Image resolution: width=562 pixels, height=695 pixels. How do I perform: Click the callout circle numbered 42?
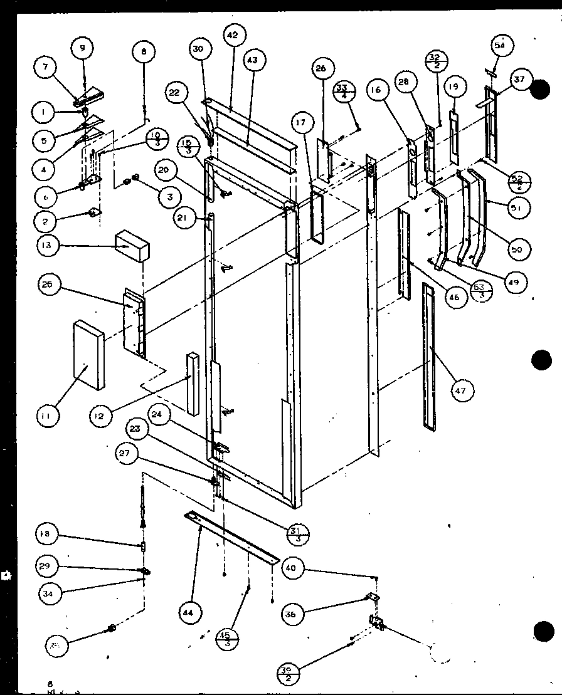tap(232, 36)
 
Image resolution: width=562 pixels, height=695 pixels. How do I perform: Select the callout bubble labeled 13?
tap(48, 246)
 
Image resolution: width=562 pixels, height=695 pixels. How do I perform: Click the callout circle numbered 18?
tap(48, 534)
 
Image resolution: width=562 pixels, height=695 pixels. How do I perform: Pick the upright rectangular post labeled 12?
tap(191, 382)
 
